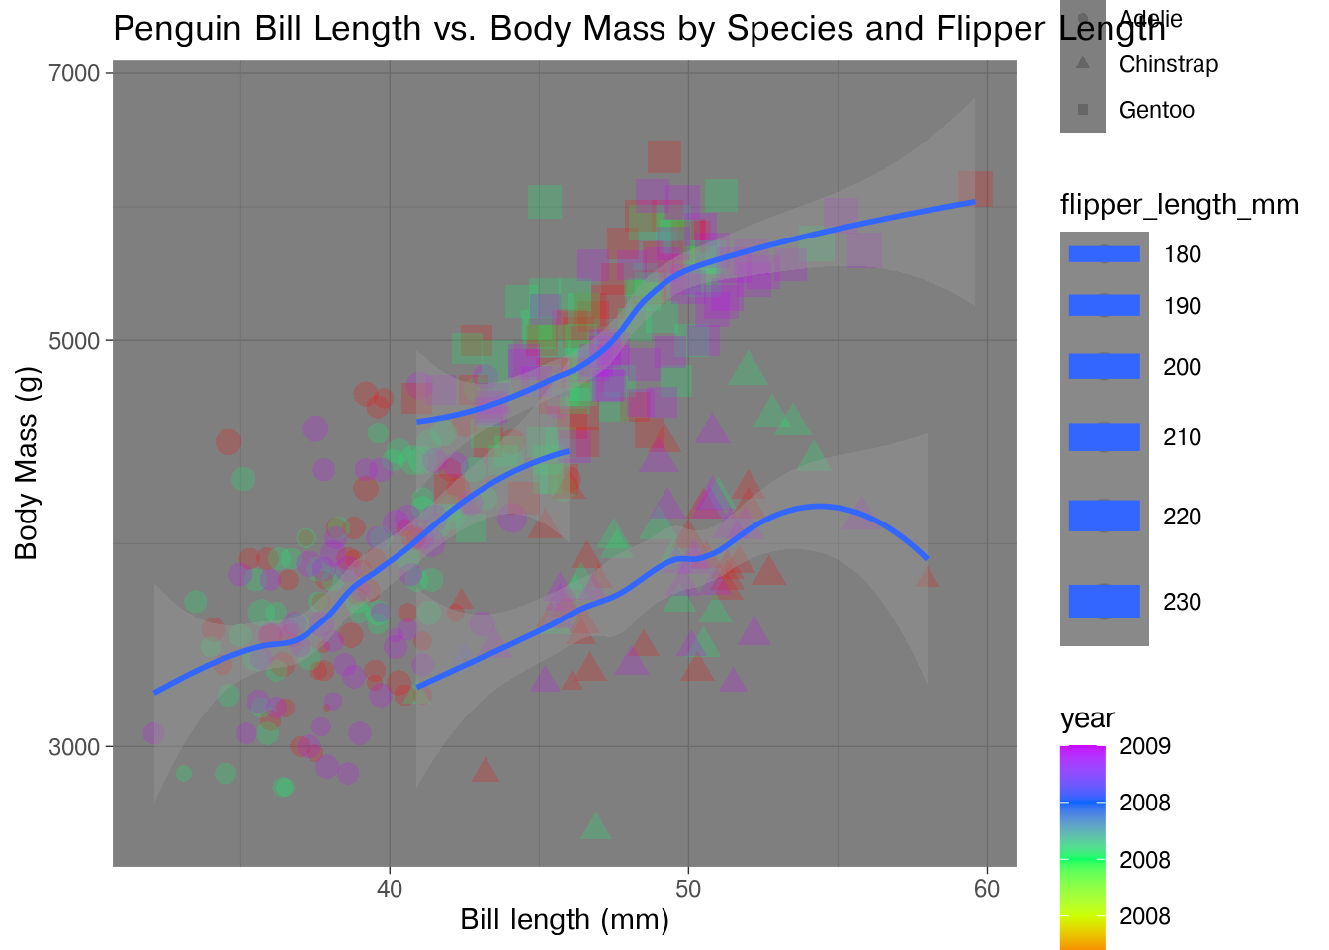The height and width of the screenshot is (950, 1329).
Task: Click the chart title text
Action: pos(639,28)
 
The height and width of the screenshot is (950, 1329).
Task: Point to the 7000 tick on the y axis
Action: pos(74,73)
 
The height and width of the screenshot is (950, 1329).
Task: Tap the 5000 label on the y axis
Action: pos(74,341)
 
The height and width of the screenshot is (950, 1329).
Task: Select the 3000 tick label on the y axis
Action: pos(74,747)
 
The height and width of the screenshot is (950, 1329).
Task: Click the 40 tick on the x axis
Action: pos(390,889)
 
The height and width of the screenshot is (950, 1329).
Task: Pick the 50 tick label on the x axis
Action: pos(688,889)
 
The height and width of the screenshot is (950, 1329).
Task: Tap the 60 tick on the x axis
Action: pos(987,889)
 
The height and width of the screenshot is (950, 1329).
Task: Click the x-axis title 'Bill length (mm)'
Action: pos(565,920)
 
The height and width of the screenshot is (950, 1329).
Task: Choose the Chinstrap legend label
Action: pos(1168,65)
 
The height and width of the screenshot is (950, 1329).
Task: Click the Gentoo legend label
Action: pos(1156,110)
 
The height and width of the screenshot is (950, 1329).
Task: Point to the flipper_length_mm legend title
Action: pos(1179,205)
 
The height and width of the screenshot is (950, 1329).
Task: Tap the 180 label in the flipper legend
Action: pos(1182,254)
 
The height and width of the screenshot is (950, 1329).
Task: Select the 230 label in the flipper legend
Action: pos(1182,602)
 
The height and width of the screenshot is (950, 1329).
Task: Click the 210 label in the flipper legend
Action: pos(1182,437)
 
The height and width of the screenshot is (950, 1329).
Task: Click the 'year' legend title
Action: pos(1087,718)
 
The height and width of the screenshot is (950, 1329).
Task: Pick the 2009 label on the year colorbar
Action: pos(1144,746)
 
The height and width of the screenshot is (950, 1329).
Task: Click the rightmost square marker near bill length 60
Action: pos(975,188)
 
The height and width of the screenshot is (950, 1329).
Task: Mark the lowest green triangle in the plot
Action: pos(595,825)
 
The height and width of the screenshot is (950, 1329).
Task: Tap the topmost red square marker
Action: pos(664,156)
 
